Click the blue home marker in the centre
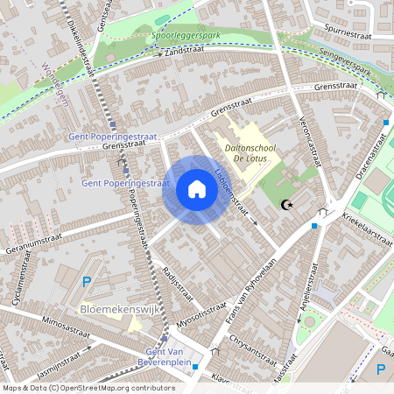(x=196, y=188)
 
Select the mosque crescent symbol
(x=285, y=205)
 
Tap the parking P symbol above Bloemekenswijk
(x=85, y=281)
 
